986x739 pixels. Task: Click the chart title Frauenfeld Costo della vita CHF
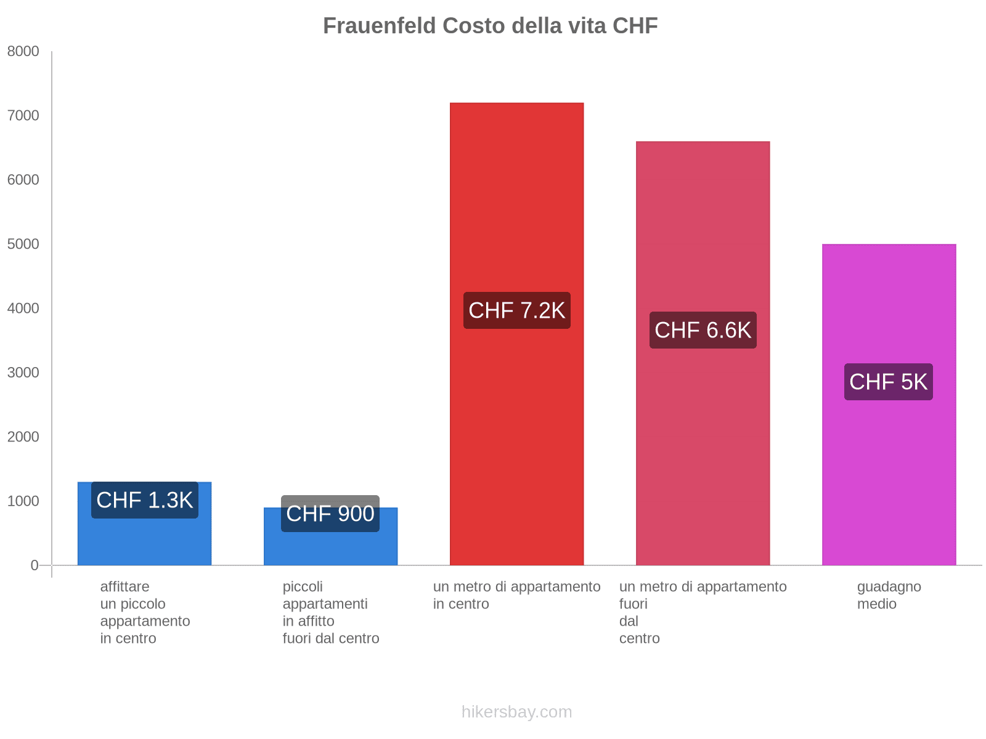pos(490,26)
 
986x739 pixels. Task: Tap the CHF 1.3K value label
pos(145,500)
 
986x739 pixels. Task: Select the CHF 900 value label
pos(330,514)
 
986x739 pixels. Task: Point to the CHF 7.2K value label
pos(516,310)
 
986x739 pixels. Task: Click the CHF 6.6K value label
pos(703,330)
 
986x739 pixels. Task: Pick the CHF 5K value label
pos(888,382)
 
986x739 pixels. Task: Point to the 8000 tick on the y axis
pos(23,52)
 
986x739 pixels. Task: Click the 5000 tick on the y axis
pos(23,244)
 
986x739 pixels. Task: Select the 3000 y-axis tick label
pos(23,373)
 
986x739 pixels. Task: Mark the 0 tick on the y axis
pos(35,565)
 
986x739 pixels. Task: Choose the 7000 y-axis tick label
pos(23,116)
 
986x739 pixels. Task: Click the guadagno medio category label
pos(889,595)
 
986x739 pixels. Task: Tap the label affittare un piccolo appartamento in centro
pos(145,612)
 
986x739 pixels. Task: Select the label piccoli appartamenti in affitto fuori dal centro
pos(330,612)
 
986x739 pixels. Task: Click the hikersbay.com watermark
pos(516,712)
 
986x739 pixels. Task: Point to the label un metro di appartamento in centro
pos(516,595)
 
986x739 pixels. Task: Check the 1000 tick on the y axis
pos(23,501)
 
